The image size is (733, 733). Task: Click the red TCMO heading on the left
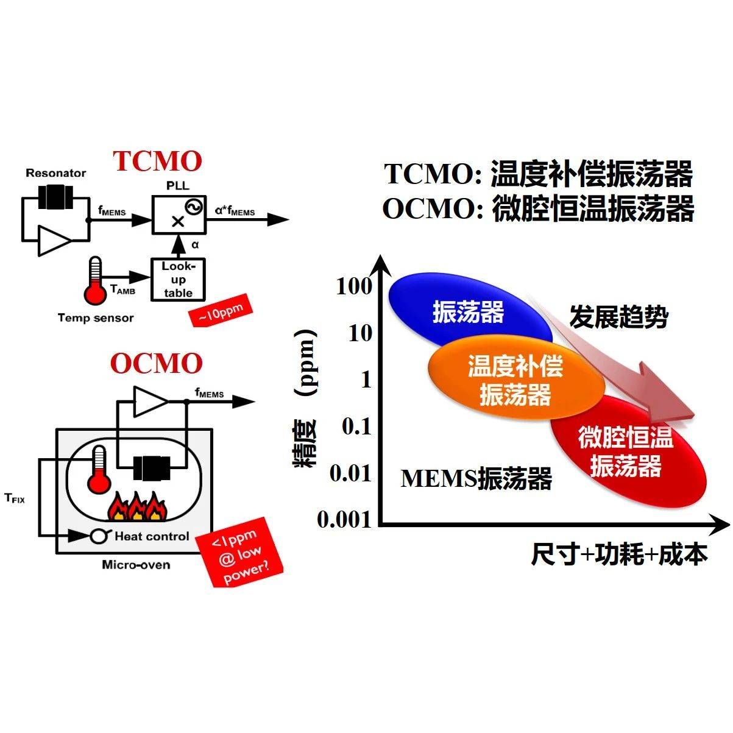click(x=157, y=161)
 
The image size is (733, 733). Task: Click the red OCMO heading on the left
click(x=157, y=363)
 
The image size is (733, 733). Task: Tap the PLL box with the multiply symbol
click(x=179, y=214)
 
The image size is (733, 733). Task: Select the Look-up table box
click(x=178, y=278)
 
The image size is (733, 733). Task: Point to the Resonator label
click(x=56, y=173)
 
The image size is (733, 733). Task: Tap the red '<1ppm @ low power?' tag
click(x=242, y=551)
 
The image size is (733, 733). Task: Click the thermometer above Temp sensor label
click(x=96, y=282)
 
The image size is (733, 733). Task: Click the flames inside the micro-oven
click(x=136, y=505)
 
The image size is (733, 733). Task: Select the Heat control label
click(x=152, y=536)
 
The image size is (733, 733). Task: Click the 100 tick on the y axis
click(x=353, y=286)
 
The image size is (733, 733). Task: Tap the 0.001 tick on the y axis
click(x=344, y=520)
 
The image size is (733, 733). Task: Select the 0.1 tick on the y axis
click(x=356, y=427)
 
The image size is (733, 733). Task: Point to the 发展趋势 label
click(x=618, y=317)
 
